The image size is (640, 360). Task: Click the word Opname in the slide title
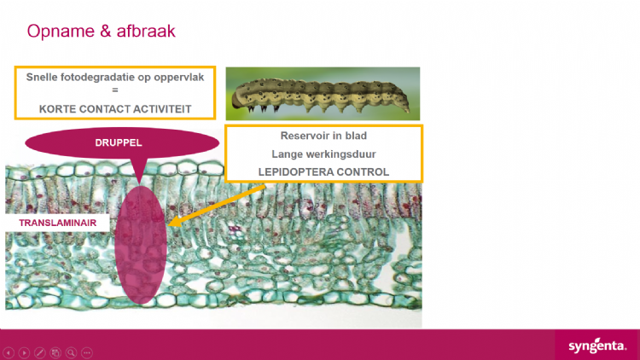tap(61, 32)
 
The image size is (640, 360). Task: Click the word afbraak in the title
tap(146, 31)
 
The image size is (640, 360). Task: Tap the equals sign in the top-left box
tap(115, 90)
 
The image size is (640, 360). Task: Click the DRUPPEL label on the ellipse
tap(119, 142)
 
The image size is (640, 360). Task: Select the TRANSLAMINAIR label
tap(57, 223)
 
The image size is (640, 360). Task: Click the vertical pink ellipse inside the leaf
tap(141, 245)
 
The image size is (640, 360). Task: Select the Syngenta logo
tap(597, 346)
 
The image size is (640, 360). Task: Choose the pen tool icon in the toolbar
tap(39, 352)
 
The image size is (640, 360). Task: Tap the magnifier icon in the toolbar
tap(71, 352)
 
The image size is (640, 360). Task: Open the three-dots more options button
tap(87, 352)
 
